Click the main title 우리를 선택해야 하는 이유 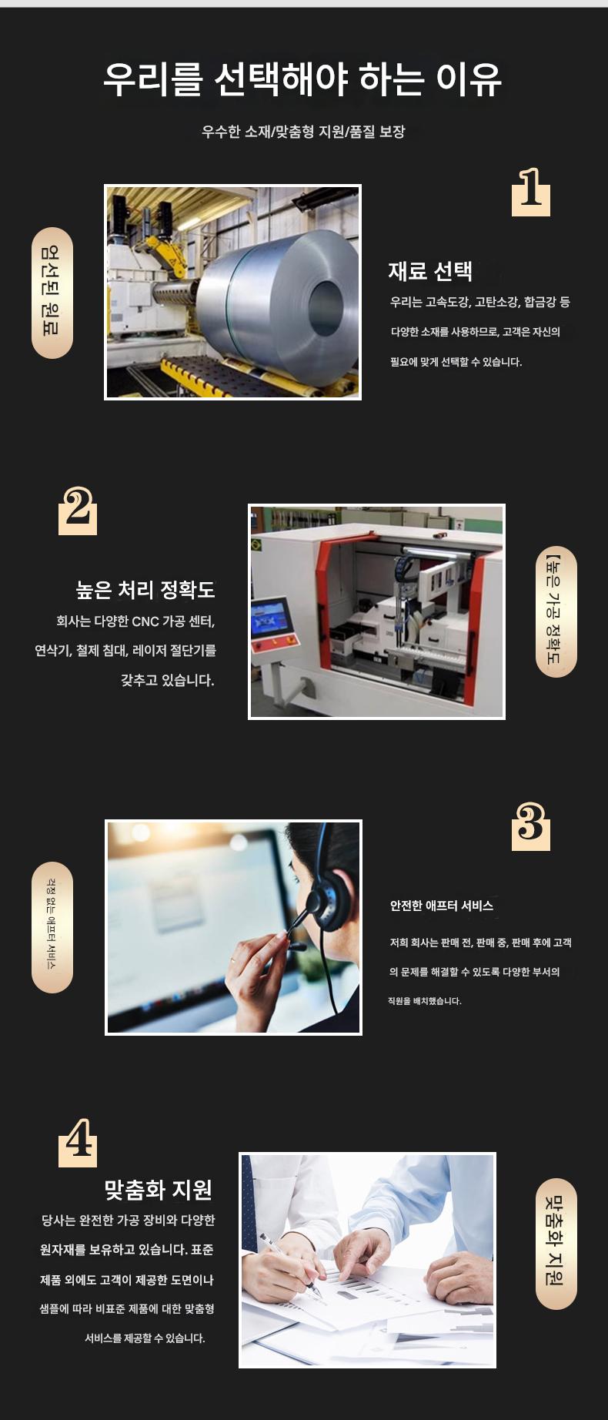(x=302, y=79)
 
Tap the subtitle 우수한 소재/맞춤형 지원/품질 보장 (x=303, y=132)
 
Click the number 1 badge (x=531, y=191)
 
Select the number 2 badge (x=78, y=510)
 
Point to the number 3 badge (x=531, y=826)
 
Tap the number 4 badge (x=78, y=1142)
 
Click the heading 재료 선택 (x=430, y=271)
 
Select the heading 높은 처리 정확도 (x=145, y=590)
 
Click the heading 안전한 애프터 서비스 (x=442, y=906)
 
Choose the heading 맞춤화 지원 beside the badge (x=159, y=1190)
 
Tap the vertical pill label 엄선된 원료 (x=52, y=293)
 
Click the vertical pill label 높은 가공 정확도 (x=556, y=611)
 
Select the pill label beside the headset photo (x=52, y=927)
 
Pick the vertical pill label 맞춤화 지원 (x=556, y=1244)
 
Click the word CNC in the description (x=145, y=621)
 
